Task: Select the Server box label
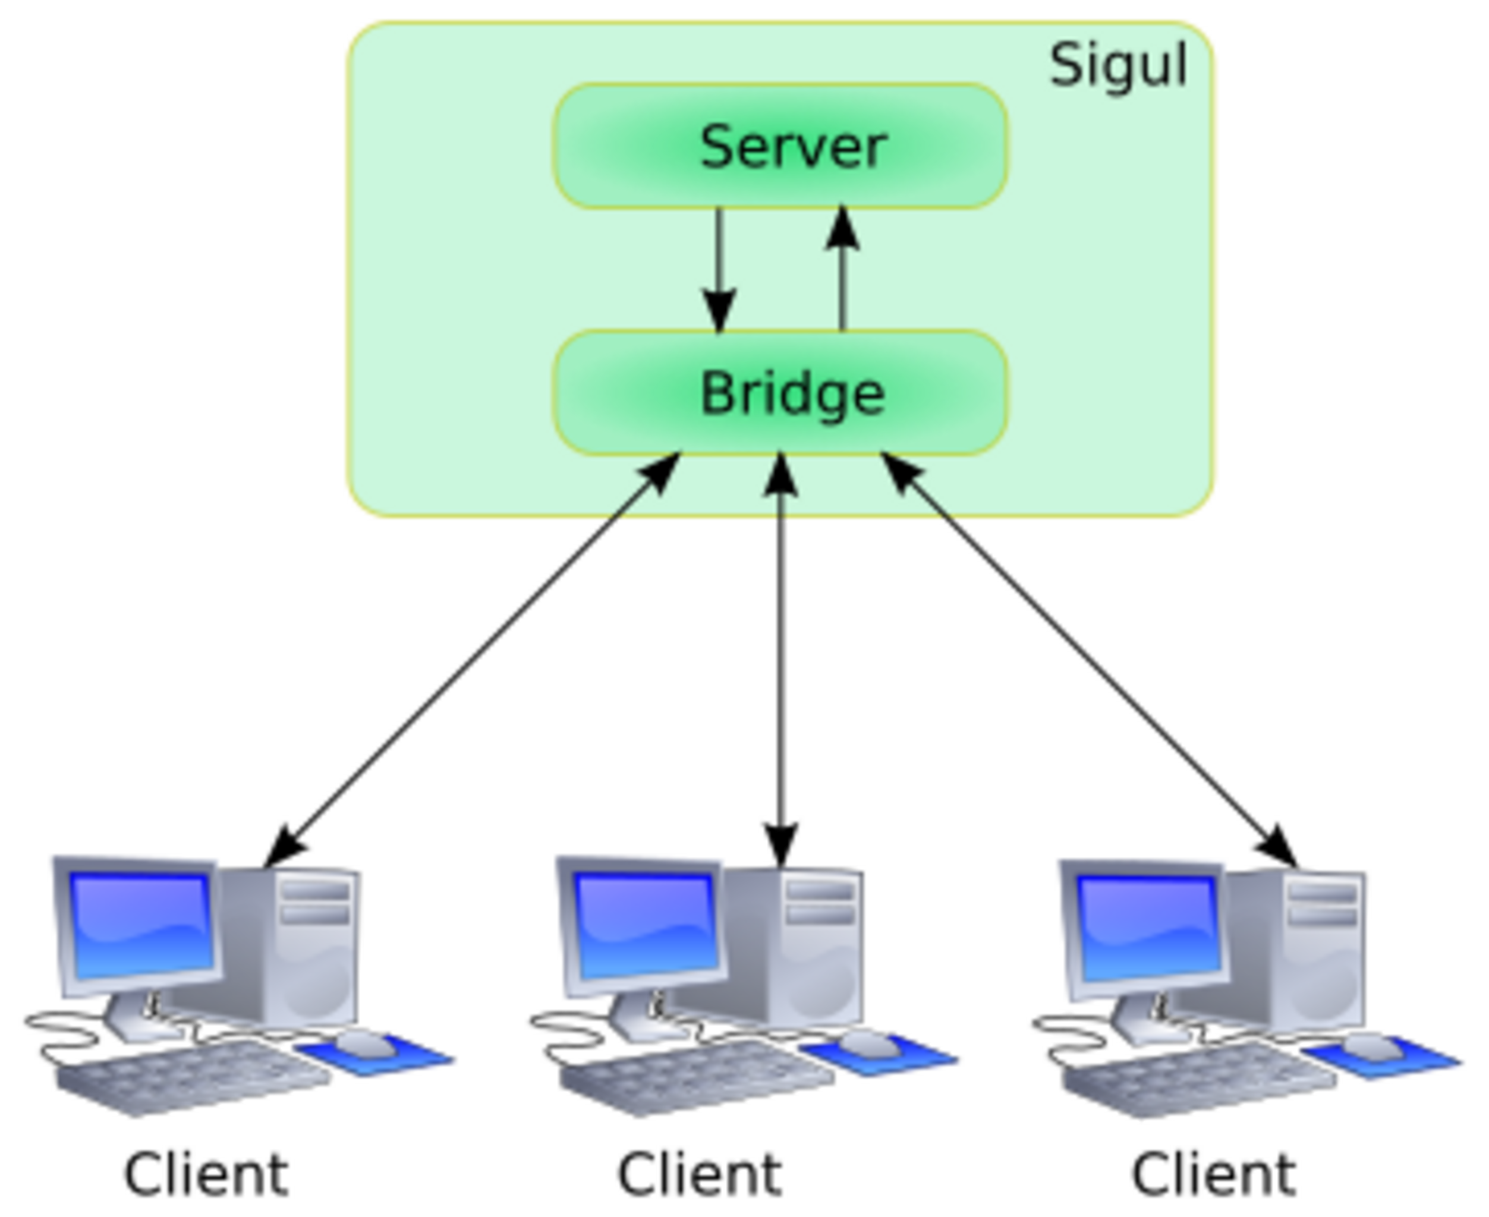pyautogui.click(x=794, y=147)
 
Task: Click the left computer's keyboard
pyautogui.click(x=193, y=1079)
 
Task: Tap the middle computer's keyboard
pyautogui.click(x=697, y=1079)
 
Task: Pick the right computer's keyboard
pyautogui.click(x=1200, y=1080)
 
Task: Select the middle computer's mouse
pyautogui.click(x=868, y=1045)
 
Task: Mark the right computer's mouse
pyautogui.click(x=1371, y=1046)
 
